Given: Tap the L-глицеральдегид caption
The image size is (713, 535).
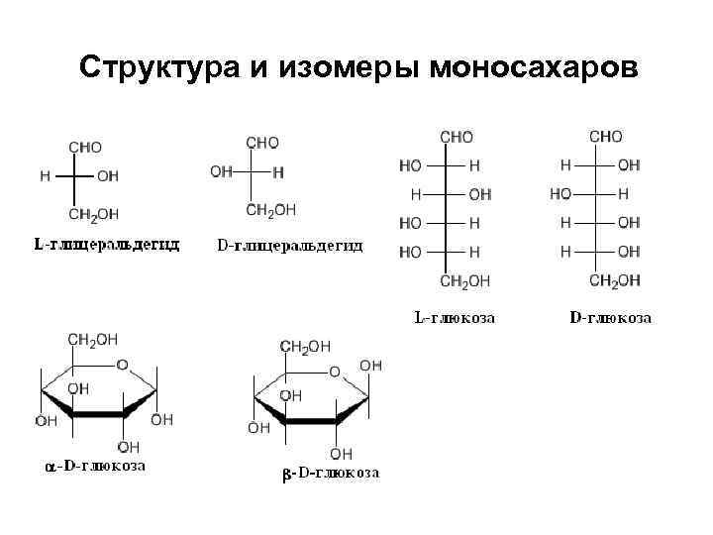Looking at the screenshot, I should coord(106,245).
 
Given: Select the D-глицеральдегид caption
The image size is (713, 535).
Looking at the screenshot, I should coord(290,245).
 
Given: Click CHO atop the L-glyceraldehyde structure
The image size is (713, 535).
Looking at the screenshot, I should coord(85,147).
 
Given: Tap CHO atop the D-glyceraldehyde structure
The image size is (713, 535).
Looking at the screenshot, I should coord(262,143).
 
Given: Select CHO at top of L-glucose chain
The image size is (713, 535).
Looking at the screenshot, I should coord(457,138).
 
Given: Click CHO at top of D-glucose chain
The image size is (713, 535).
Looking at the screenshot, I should coord(606,136).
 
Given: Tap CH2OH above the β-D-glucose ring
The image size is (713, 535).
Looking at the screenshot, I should coord(306,346).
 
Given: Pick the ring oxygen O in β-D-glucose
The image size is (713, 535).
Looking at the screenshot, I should coord(335,372).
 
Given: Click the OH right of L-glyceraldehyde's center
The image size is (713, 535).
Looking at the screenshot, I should coord(108,176).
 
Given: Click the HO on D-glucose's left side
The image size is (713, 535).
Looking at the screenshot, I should coord(561,193).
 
